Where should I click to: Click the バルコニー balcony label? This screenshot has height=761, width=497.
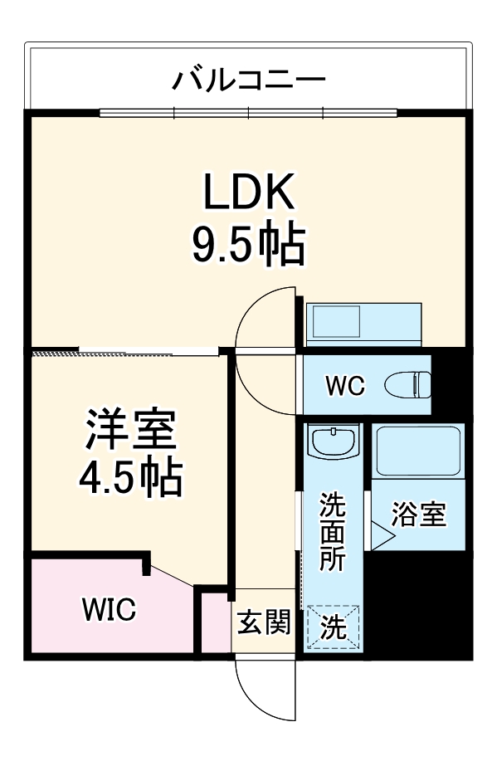248,81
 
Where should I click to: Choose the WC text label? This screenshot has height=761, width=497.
344,386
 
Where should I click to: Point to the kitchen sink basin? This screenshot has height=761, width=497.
334,321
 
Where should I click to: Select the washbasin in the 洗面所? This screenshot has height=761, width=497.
332,441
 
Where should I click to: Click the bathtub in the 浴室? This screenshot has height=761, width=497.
417,452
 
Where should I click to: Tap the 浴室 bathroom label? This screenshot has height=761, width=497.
419,515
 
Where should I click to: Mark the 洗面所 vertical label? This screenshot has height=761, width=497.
333,531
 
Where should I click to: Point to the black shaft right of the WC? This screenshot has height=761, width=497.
450,383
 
